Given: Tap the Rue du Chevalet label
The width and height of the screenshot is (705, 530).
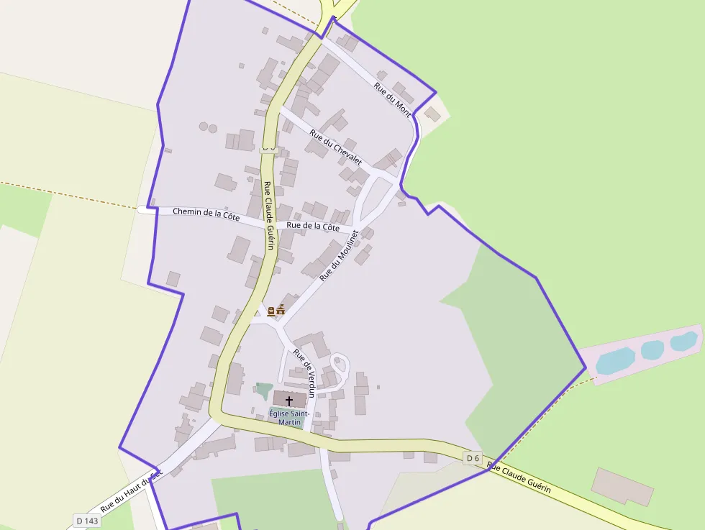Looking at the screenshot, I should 335,146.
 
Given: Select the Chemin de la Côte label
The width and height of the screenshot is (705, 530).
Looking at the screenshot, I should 206,214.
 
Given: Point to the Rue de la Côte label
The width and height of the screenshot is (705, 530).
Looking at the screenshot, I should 312,227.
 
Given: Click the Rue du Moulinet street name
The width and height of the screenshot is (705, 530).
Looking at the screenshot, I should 338,256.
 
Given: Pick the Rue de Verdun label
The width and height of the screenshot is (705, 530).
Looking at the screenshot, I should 305,374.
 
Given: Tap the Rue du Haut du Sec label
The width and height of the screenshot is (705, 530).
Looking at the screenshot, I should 131,491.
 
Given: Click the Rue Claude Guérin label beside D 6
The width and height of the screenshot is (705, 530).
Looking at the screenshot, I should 519,478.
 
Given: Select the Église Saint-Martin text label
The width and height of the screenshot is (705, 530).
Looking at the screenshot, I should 289,418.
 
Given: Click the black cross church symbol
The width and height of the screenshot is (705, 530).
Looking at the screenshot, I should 289,401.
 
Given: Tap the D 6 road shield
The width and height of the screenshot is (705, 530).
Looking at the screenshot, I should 472,458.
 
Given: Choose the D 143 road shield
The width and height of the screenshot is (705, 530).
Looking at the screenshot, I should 86,520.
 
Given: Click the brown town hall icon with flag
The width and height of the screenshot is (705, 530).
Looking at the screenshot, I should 281,311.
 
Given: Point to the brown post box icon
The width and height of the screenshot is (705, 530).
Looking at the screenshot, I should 271,311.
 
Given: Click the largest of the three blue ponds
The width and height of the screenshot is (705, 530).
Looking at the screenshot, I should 615,361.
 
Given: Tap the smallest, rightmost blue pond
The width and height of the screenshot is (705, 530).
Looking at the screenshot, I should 683,341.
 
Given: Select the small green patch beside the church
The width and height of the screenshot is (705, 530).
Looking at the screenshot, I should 263,391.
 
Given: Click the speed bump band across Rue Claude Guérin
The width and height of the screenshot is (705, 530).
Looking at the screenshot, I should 268,148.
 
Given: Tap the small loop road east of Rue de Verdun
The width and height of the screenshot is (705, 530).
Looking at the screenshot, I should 339,363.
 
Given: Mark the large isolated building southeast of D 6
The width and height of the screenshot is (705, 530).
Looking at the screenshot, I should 622,486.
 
